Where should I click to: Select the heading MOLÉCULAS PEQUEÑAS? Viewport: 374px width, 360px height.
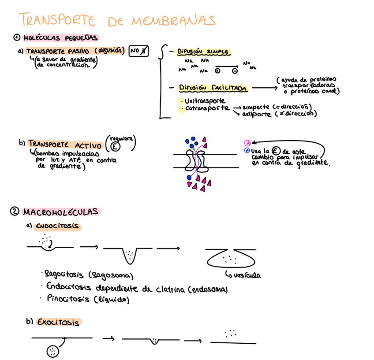(61, 38)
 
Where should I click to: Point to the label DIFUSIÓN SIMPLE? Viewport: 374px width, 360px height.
(203, 52)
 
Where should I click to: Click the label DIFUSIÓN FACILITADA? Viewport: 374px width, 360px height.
(213, 88)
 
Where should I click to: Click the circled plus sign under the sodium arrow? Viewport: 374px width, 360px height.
(217, 71)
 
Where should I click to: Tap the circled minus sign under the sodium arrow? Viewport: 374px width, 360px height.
(235, 71)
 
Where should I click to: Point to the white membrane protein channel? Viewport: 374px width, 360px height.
(197, 160)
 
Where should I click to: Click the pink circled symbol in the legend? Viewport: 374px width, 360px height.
(247, 143)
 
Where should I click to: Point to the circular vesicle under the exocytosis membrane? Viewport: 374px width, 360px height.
(53, 351)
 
